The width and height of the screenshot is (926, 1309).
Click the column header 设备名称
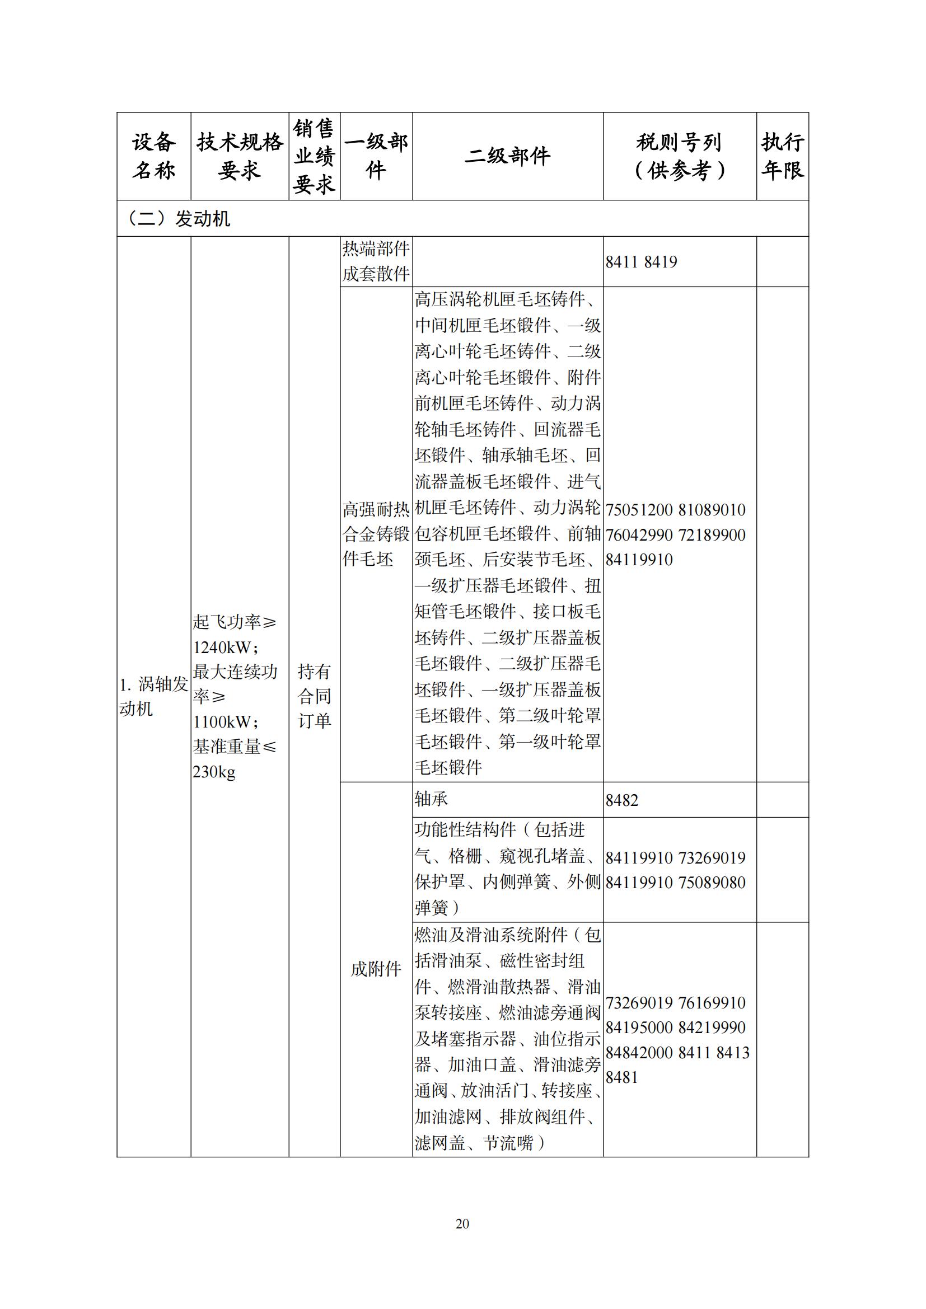click(x=153, y=156)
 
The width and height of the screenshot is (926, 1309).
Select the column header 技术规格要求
click(x=240, y=156)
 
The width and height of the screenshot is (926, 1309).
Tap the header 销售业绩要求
click(x=314, y=156)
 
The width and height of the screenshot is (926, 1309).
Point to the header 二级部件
click(x=507, y=156)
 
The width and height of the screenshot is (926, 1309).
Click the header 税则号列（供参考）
click(x=679, y=156)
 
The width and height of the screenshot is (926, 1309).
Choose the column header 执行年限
click(x=782, y=156)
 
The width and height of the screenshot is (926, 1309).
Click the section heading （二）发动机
click(x=177, y=218)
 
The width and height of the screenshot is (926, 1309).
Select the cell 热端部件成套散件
click(x=376, y=261)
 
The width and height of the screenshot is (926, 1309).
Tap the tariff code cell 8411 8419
click(x=642, y=262)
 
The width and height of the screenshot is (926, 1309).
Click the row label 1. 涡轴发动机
click(x=153, y=696)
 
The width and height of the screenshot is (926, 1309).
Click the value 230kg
click(x=214, y=772)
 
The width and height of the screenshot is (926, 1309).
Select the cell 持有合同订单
click(x=314, y=696)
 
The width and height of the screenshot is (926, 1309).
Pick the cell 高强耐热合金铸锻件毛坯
click(x=376, y=534)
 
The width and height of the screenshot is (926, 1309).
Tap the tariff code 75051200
click(x=639, y=510)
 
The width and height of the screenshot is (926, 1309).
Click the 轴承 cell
click(x=432, y=799)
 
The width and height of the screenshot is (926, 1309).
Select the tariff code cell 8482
click(x=622, y=800)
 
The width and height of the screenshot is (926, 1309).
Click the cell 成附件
click(x=376, y=969)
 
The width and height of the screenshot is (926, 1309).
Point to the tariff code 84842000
click(x=639, y=1053)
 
